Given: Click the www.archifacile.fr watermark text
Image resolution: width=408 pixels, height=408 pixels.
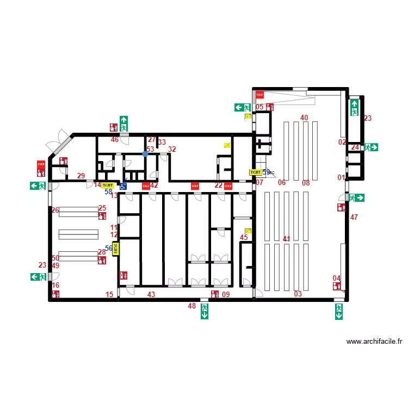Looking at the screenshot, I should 374,342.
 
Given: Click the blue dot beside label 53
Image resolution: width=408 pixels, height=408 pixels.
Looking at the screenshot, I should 145,154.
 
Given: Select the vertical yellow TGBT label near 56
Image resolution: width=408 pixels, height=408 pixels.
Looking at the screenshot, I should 115,249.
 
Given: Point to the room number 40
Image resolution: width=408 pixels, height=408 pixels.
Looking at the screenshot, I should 304,118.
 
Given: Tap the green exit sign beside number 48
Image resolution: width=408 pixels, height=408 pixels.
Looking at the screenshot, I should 205,311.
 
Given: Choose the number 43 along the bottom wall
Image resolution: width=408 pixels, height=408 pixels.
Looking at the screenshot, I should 151,294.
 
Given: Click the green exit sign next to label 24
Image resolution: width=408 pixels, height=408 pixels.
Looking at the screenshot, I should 372,147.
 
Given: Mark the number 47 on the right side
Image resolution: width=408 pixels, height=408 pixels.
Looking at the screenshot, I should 354,218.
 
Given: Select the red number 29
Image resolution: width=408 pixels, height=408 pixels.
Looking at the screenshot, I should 81,176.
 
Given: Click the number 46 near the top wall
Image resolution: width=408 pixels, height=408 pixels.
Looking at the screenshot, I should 115,140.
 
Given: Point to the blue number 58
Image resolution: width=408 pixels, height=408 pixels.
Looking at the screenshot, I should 108,191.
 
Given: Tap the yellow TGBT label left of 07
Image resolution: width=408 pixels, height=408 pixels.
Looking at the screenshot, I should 255,172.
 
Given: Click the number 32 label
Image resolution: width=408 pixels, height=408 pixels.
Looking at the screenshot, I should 172,150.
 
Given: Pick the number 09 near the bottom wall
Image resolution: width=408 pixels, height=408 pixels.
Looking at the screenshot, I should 226,294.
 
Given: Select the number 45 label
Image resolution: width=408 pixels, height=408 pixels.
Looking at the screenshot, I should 244,237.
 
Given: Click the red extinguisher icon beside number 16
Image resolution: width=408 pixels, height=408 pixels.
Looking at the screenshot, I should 55,294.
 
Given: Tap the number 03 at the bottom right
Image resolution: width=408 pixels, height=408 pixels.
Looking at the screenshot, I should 298,294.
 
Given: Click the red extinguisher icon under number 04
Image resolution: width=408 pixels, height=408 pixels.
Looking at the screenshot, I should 337,286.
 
